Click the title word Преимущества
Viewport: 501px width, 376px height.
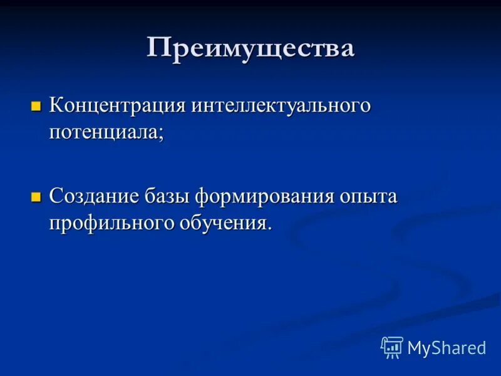point(250,48)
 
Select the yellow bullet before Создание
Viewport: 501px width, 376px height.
point(36,197)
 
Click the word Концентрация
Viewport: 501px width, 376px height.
point(118,105)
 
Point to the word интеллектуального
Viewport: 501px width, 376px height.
point(281,105)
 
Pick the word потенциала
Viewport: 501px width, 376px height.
point(104,132)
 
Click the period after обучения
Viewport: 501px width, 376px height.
point(270,229)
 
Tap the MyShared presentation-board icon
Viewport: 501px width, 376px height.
point(392,347)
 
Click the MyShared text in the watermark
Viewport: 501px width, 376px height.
point(447,348)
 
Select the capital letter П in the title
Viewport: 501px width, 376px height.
point(158,48)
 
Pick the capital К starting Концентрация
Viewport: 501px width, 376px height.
point(56,105)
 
